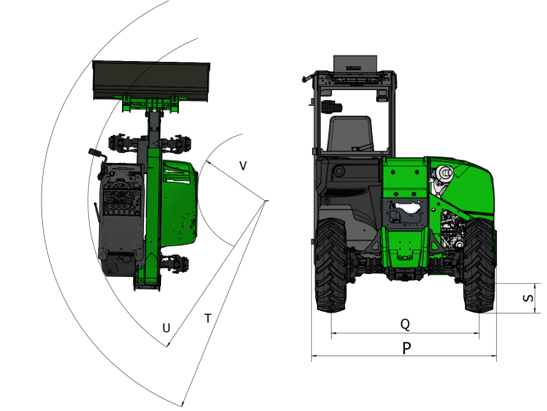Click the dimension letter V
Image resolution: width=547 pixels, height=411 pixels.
tap(243, 165)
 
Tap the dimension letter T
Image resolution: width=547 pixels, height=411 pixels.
tap(208, 318)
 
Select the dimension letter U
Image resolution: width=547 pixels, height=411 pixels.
tap(166, 328)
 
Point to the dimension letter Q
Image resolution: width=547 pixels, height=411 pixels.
tap(405, 324)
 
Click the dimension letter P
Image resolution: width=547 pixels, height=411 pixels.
tap(407, 348)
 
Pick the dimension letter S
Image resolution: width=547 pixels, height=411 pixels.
tap(528, 298)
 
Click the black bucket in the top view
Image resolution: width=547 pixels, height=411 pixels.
tap(151, 80)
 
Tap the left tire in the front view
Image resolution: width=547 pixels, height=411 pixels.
tap(330, 265)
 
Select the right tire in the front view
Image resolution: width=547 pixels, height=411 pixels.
tap(479, 266)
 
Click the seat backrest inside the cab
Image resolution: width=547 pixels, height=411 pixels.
tap(350, 134)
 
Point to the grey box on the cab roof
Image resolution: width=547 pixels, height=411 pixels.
tap(355, 63)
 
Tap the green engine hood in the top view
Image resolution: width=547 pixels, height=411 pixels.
tap(179, 202)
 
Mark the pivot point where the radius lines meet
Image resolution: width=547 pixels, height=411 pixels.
tap(267, 201)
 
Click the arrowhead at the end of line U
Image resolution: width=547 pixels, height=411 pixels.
tap(168, 345)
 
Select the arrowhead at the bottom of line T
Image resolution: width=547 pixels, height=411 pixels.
tap(182, 404)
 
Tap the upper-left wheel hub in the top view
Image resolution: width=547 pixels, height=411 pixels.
tap(119, 143)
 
